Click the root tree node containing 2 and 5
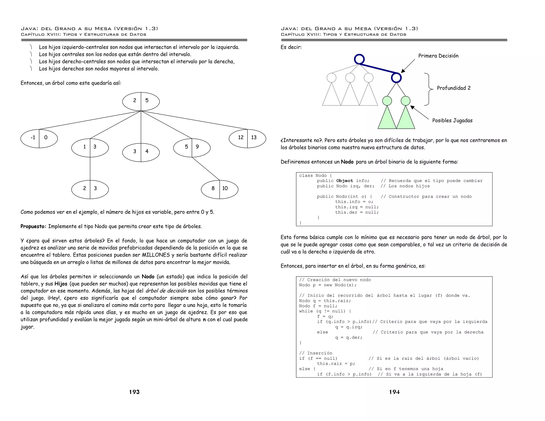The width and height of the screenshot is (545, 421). click(141, 101)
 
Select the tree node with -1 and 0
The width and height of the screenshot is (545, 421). click(39, 138)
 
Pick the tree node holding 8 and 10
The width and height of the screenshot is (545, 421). click(220, 189)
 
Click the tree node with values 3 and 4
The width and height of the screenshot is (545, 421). click(141, 152)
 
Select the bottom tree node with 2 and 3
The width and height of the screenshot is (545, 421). click(90, 189)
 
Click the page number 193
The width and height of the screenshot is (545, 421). click(134, 392)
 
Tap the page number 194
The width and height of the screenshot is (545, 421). click(394, 392)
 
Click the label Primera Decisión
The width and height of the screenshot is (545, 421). click(438, 56)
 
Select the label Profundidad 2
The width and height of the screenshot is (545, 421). click(453, 88)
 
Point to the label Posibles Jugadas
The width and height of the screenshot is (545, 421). click(452, 120)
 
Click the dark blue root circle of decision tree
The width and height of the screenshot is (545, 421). click(359, 59)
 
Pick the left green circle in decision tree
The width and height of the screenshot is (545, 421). click(387, 101)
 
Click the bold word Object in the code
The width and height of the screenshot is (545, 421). click(345, 181)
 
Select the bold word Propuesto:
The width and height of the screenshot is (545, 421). click(33, 226)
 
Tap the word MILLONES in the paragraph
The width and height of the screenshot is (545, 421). click(156, 255)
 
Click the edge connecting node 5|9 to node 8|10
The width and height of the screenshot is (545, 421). click(206, 169)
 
